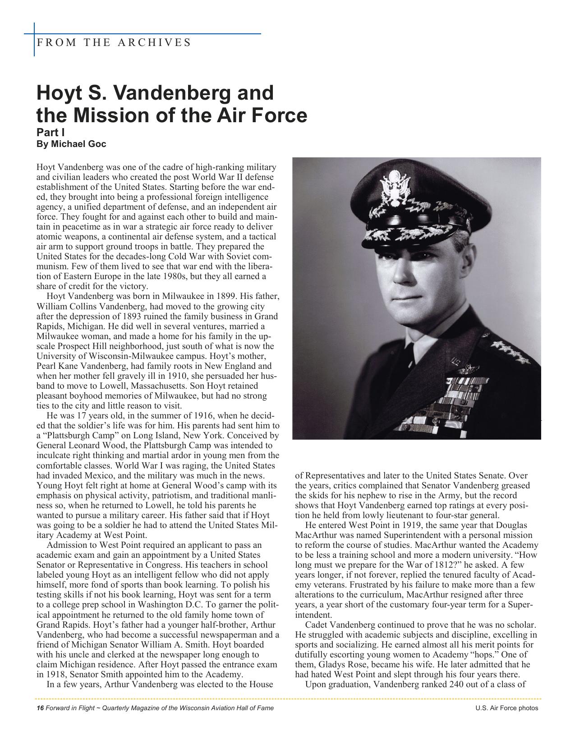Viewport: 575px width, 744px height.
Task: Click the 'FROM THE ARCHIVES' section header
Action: pyautogui.click(x=114, y=42)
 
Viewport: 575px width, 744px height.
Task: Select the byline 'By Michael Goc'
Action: pyautogui.click(x=71, y=144)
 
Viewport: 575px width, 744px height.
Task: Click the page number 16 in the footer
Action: pyautogui.click(x=40, y=708)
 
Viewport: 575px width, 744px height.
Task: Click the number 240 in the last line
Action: pyautogui.click(x=459, y=684)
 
